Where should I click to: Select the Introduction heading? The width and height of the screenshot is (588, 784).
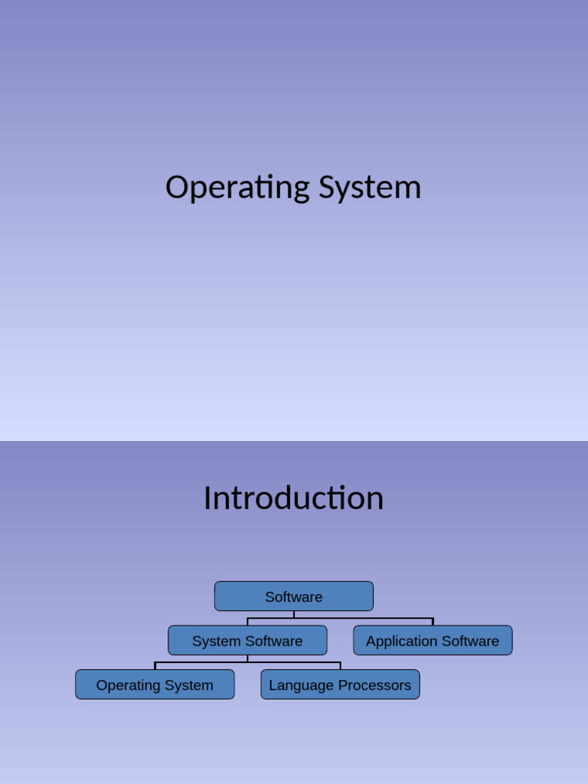293,498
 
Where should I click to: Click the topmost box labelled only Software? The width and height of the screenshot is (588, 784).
293,596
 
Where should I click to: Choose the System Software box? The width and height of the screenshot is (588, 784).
247,641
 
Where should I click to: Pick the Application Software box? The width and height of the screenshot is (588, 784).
433,641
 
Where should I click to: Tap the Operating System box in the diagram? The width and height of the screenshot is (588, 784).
155,685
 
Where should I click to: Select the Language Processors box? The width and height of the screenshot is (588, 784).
340,685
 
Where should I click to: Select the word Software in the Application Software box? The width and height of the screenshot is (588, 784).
469,641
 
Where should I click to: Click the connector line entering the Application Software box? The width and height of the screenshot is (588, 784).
433,622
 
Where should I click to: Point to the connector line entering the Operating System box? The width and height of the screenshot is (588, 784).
155,666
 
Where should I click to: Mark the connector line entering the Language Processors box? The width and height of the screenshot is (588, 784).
340,666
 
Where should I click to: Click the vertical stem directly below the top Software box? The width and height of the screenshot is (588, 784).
294,614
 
